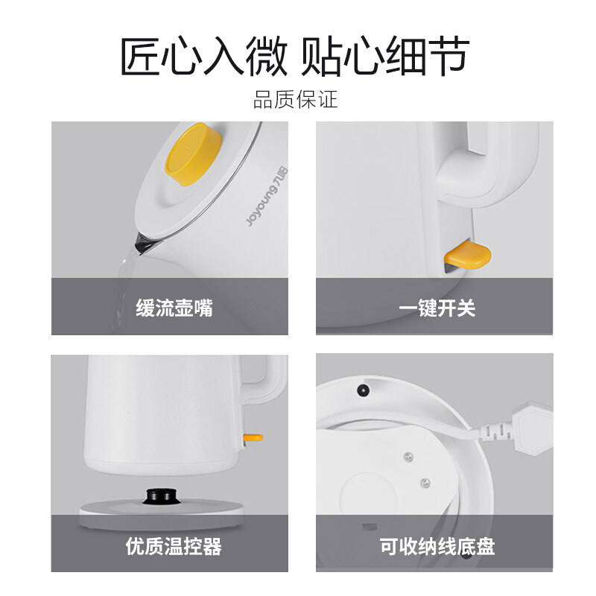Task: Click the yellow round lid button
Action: [x=194, y=154]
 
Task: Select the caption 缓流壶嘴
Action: [x=174, y=308]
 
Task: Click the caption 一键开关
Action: [x=437, y=308]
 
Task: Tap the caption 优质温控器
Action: [x=174, y=546]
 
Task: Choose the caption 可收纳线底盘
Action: [x=437, y=546]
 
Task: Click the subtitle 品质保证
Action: [x=295, y=100]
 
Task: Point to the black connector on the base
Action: [x=162, y=495]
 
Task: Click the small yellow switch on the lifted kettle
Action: [x=253, y=438]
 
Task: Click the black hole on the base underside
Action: [x=363, y=390]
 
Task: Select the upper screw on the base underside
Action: [x=408, y=457]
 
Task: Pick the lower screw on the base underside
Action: [x=425, y=483]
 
